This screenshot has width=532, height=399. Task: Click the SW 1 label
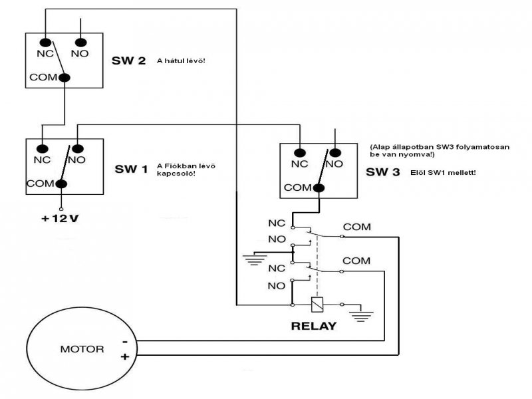(130, 169)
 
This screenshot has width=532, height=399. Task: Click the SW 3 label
(383, 172)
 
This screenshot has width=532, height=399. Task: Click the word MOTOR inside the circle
(82, 348)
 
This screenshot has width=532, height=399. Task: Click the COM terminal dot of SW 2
(65, 78)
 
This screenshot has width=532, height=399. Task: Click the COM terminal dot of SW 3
(319, 188)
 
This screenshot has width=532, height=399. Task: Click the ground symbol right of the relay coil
(362, 313)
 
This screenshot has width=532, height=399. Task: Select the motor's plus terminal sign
(124, 358)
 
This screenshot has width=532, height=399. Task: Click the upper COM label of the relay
(358, 227)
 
